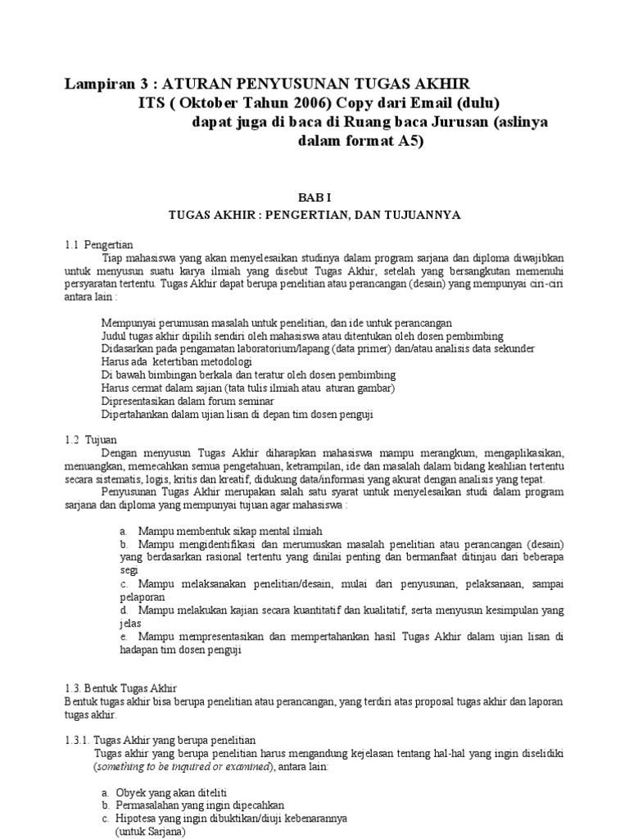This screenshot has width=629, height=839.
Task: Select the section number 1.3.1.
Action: pos(78,738)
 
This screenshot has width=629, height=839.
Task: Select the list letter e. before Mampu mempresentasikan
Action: pos(123,636)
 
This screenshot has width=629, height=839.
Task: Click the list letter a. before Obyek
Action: pos(105,792)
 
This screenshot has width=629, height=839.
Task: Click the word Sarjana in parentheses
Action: pos(165,831)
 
